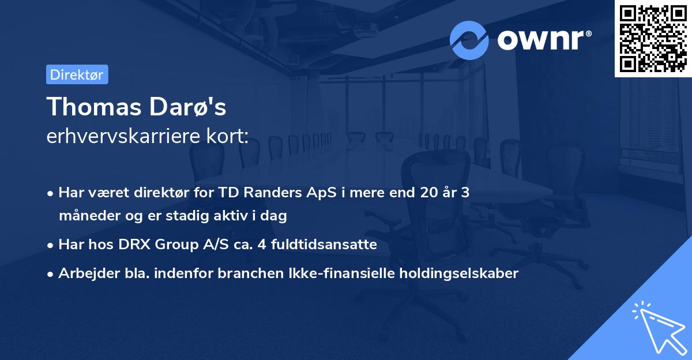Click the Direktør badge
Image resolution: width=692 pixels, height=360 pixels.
click(x=77, y=74)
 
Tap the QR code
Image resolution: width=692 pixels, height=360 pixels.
click(x=653, y=38)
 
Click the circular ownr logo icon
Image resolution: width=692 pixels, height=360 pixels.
click(x=469, y=40)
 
